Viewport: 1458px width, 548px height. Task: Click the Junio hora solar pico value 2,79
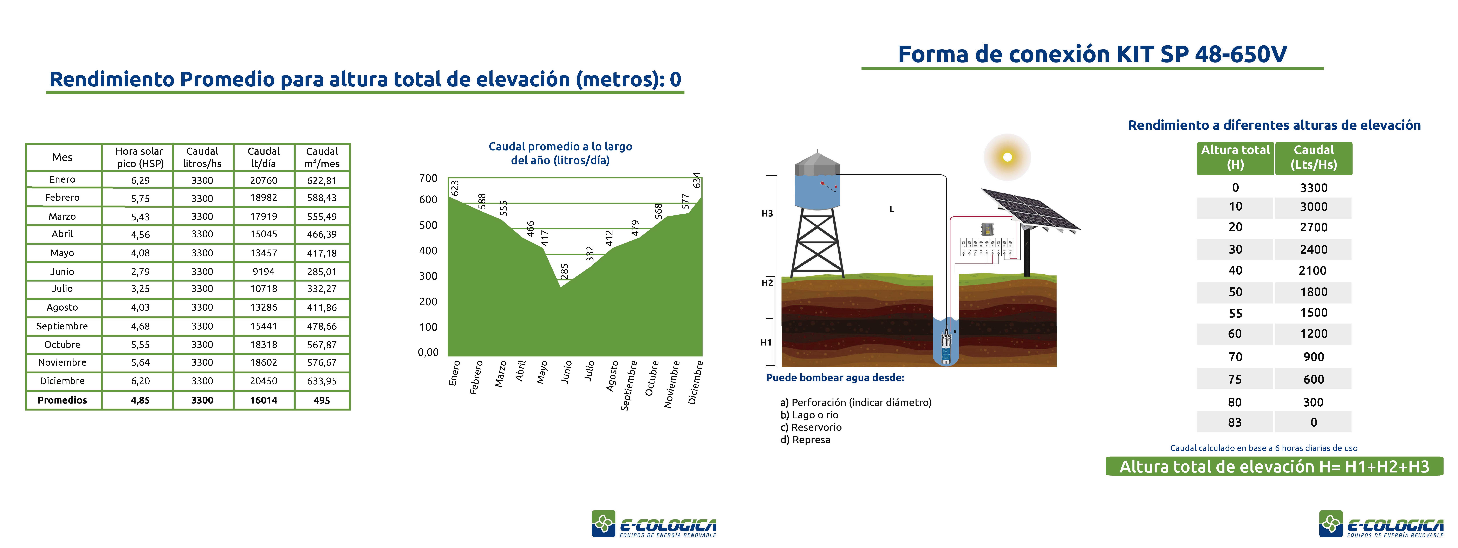[140, 272]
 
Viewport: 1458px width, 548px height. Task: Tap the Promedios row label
[62, 400]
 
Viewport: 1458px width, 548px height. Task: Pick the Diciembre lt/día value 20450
[264, 381]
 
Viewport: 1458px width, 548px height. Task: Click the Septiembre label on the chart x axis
[629, 385]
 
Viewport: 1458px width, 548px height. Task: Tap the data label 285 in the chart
[564, 271]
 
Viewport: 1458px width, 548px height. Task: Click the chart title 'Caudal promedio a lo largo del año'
[560, 153]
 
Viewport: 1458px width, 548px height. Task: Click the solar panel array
[1030, 209]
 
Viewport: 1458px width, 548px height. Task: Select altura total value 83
[1235, 422]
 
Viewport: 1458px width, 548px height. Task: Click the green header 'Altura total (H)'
[1236, 158]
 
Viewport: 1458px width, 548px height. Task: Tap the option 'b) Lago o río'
[809, 415]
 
